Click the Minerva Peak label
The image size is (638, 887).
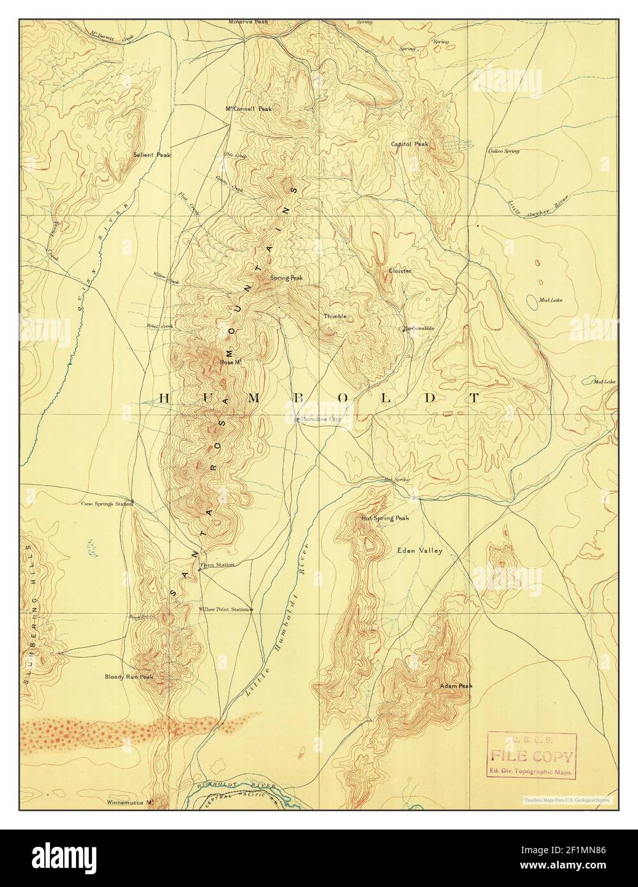point(249,22)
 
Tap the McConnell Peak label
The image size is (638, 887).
point(248,108)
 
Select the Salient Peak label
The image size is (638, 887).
point(152,154)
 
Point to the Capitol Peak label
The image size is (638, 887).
point(410,144)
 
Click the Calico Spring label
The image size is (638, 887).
point(503,151)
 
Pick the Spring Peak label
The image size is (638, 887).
point(286,278)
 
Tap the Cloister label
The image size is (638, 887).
point(400,271)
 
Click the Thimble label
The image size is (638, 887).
point(334,316)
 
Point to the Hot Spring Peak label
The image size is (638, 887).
point(385,518)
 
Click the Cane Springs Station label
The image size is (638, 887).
point(107,503)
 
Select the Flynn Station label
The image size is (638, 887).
point(217,565)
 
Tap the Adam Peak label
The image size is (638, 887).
point(456,686)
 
